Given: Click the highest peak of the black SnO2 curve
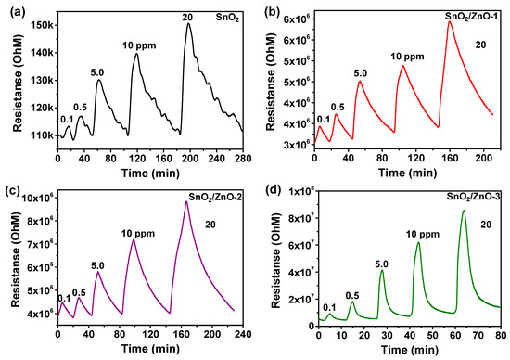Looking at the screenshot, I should (188, 24).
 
